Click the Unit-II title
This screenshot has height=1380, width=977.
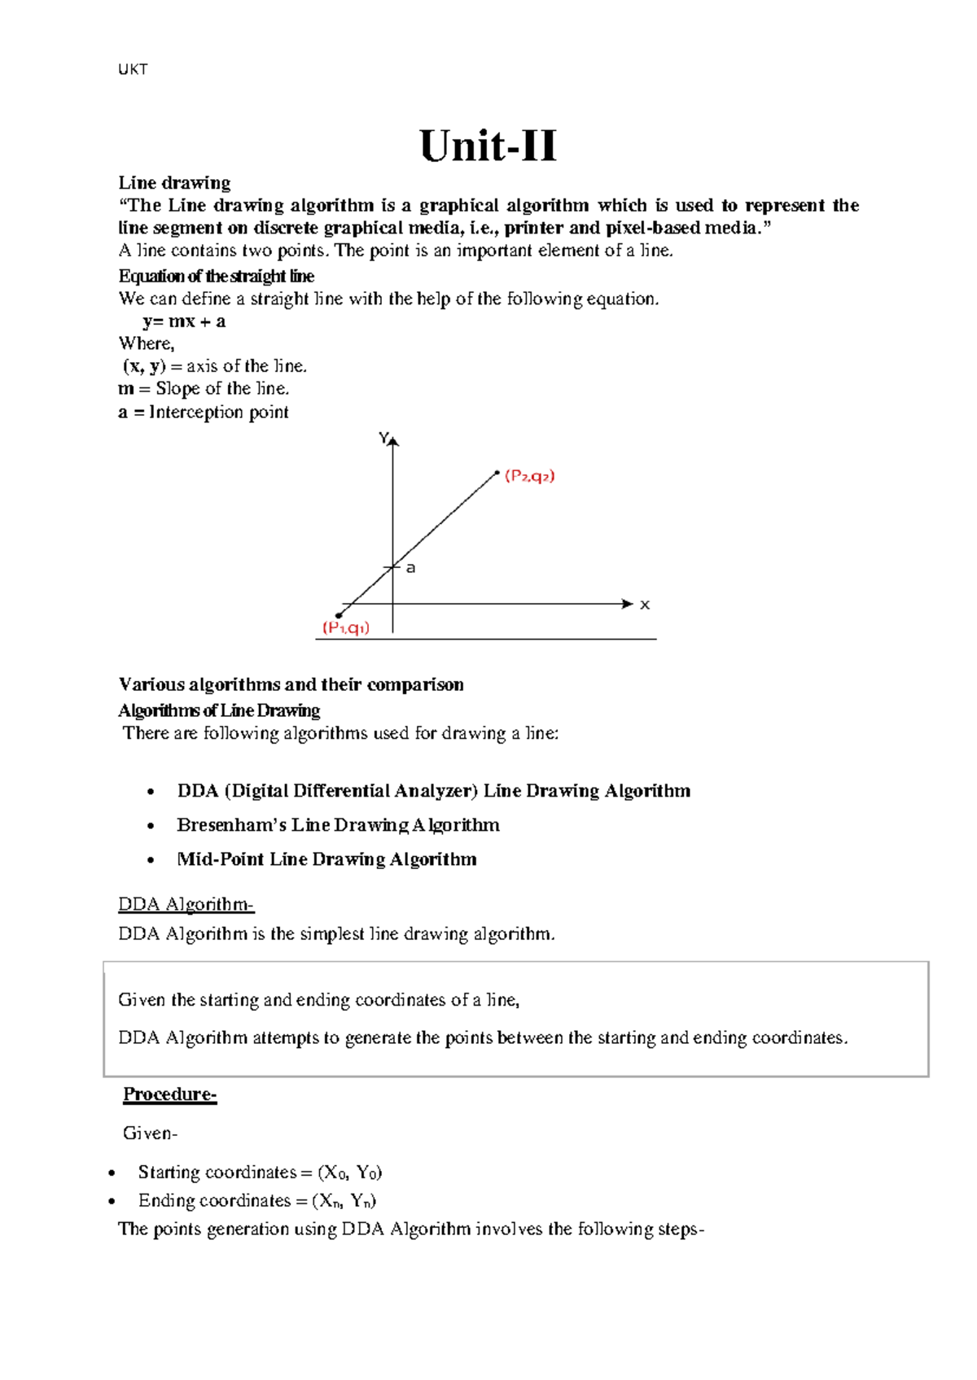coord(488,147)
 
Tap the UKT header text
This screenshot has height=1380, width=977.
coord(133,70)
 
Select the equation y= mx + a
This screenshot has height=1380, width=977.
coord(184,321)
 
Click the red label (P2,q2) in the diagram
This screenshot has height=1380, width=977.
coord(530,476)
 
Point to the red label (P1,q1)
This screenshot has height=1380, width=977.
coord(346,628)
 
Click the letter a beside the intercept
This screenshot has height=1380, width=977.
coord(411,568)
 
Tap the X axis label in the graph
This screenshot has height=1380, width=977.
coord(645,605)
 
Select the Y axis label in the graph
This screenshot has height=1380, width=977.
coord(383,439)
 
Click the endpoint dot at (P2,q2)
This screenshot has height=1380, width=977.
coord(497,472)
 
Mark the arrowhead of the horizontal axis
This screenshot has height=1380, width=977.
coord(627,604)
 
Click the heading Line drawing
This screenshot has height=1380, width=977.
coord(174,182)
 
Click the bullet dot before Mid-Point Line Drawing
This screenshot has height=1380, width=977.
coord(151,860)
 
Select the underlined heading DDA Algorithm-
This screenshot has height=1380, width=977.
coord(186,904)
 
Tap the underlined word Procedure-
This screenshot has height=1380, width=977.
coord(169,1094)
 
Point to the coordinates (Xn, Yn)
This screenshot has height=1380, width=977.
coord(344,1201)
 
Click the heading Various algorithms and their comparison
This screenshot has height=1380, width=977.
coord(291,684)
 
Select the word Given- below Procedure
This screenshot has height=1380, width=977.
coord(150,1133)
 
